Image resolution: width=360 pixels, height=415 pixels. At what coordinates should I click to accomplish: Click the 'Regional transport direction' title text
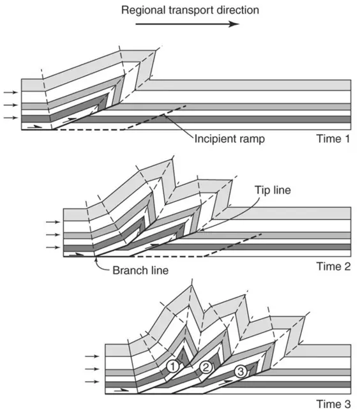190,10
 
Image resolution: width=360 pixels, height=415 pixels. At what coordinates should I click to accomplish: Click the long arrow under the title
187,24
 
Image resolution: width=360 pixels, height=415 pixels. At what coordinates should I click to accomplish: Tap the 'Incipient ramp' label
230,139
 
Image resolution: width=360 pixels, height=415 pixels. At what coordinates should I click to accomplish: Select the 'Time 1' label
333,139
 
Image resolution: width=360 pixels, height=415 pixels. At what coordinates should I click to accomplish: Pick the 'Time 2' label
333,266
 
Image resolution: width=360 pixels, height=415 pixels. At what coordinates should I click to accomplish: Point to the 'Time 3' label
333,404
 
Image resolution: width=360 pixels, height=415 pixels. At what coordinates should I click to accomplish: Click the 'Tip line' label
273,190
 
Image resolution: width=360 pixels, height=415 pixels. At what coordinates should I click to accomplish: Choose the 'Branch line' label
140,271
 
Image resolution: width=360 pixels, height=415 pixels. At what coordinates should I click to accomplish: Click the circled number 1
173,366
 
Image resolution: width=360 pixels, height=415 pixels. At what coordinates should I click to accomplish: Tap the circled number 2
206,367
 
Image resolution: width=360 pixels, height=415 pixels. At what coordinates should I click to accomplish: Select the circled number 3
241,372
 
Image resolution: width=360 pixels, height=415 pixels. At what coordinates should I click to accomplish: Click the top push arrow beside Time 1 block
11,93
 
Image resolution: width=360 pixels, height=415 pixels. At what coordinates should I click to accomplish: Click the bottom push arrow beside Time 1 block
11,117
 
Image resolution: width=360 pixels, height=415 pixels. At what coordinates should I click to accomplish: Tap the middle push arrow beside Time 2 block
53,235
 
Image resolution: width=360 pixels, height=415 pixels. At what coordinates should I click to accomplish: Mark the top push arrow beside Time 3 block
92,356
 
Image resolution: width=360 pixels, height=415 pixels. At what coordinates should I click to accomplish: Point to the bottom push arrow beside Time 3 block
92,382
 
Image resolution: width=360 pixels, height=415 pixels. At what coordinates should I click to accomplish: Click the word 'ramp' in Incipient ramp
251,140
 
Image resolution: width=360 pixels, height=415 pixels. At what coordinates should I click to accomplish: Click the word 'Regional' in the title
143,11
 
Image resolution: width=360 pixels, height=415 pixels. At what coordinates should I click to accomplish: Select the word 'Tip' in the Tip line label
262,190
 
